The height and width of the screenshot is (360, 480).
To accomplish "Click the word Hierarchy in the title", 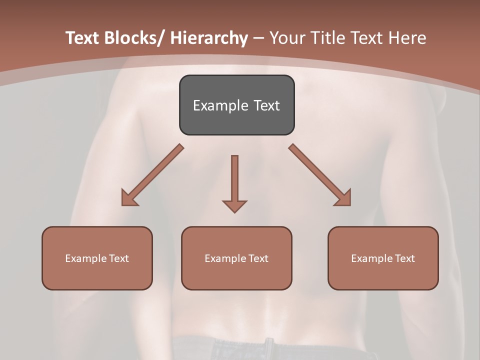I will [209, 38].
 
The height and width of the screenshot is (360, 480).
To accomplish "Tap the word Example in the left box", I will [85, 258].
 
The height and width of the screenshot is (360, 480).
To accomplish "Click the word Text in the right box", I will [404, 258].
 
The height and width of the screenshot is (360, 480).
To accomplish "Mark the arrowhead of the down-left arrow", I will [128, 198].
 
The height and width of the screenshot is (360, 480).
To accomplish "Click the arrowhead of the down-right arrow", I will [344, 198].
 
